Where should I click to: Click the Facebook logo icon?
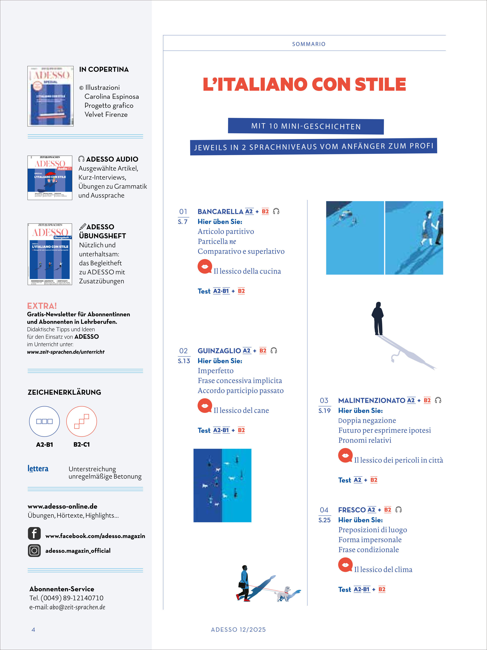[34, 533]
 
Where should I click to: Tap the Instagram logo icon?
[34, 550]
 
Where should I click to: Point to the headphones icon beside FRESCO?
[398, 510]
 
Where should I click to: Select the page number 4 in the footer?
[33, 629]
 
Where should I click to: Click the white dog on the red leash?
[283, 594]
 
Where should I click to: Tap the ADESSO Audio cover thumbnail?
[50, 178]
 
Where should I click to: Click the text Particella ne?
[217, 241]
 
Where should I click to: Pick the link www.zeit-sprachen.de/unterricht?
[66, 352]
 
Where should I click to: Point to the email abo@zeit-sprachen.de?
[77, 607]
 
